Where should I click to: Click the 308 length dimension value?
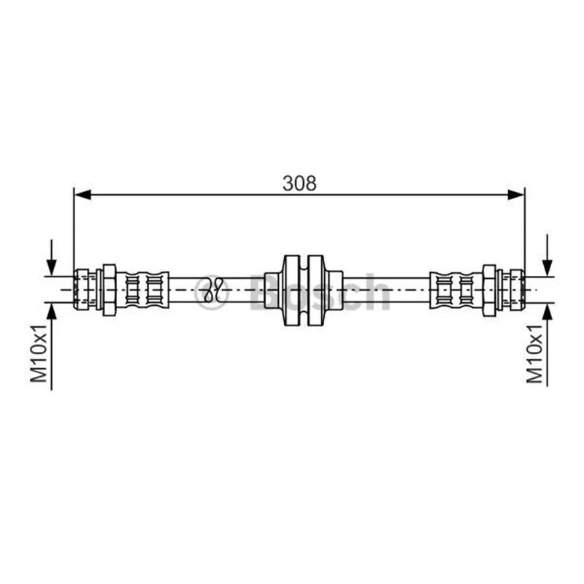[299, 183]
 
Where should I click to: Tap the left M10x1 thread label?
[39, 353]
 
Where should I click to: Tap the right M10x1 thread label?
[534, 353]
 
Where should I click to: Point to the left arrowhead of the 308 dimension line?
[82, 194]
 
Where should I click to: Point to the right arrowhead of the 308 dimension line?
[516, 194]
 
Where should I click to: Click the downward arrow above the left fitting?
[51, 258]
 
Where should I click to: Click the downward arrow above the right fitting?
[547, 255]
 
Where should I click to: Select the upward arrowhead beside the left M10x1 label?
[51, 312]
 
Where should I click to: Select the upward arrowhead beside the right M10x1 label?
[547, 312]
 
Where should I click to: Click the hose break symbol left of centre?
[213, 290]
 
